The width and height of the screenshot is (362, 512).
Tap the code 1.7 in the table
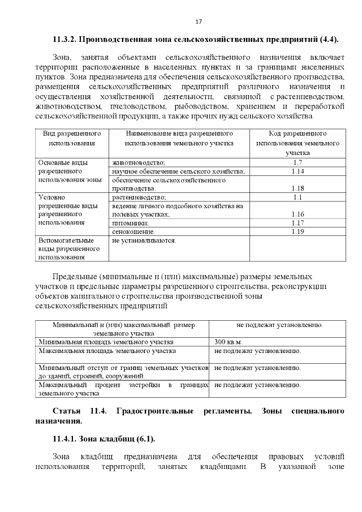[298, 163]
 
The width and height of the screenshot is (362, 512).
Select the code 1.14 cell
[298, 171]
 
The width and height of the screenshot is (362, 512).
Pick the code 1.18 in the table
[298, 188]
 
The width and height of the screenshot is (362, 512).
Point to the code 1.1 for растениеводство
[298, 197]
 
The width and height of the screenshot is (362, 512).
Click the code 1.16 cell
[298, 214]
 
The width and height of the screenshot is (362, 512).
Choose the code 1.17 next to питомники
[298, 223]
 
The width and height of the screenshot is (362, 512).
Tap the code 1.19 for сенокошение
[298, 231]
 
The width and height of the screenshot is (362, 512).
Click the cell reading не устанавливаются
[145, 240]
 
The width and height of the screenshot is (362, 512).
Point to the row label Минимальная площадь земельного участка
[106, 342]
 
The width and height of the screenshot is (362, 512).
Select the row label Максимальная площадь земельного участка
[107, 351]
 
